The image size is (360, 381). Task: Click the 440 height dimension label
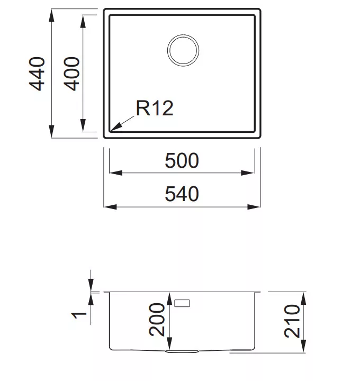click(37, 74)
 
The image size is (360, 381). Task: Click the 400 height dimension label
click(71, 74)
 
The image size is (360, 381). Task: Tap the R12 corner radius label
click(155, 108)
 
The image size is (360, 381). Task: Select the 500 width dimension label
click(182, 161)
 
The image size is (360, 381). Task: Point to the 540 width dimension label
click(182, 194)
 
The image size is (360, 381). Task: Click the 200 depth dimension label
click(157, 320)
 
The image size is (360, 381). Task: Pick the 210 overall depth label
click(292, 321)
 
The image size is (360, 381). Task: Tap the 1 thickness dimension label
click(79, 315)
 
